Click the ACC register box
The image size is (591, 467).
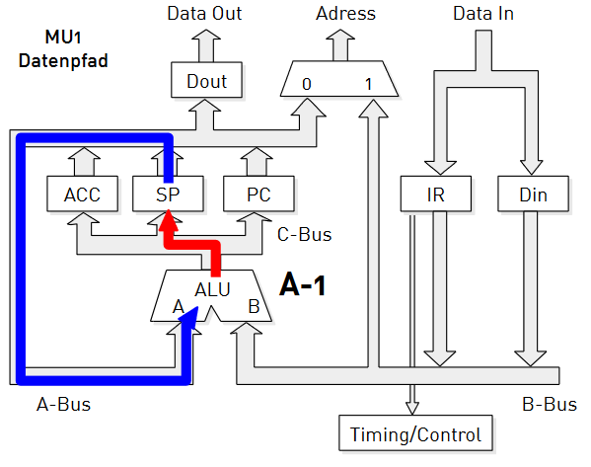pos(82,194)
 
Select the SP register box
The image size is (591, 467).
pos(168,194)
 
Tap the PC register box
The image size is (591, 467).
pos(259,194)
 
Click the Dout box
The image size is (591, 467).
pos(206,80)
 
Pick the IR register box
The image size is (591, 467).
pos(436,194)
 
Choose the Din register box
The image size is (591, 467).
pos(533,194)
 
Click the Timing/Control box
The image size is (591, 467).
pos(415,433)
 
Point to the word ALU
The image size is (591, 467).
pos(212,289)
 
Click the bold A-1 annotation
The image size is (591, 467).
pos(303,284)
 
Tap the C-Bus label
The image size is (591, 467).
pos(304,234)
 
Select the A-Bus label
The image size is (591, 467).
pos(63,405)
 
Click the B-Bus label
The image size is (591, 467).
pos(550,405)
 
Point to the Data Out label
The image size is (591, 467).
pos(204,14)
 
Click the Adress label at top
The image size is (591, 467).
pos(345,14)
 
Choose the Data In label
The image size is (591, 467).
pos(483,14)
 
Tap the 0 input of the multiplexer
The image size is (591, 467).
pos(307,84)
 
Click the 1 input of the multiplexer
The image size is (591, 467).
pos(369,84)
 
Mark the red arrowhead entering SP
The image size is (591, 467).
pos(168,220)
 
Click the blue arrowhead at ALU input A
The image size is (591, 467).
pos(189,316)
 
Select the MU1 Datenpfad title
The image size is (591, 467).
pos(63,49)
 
